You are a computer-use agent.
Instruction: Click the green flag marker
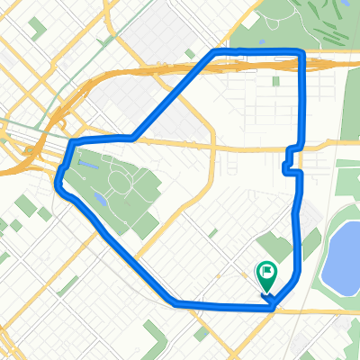(267, 271)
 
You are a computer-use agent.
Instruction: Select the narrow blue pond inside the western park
(97, 197)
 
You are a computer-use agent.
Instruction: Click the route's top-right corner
(301, 57)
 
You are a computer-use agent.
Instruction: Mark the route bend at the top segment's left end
(214, 54)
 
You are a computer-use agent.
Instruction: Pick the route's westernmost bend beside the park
(60, 180)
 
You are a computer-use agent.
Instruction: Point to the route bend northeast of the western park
(132, 138)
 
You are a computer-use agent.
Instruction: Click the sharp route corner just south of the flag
(273, 306)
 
